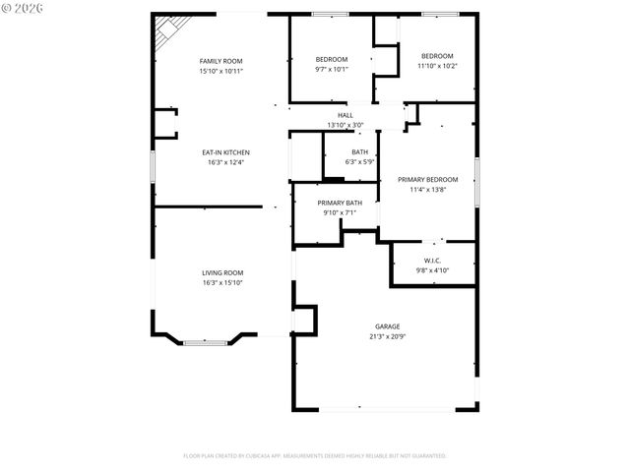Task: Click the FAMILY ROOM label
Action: coord(220,61)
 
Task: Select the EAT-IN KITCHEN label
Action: coord(225,152)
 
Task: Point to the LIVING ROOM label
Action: coord(222,272)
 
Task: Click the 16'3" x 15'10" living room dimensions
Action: coord(222,283)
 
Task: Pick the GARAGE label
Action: coord(387,325)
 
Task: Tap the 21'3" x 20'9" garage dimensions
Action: coord(387,336)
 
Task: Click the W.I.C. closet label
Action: coord(432,260)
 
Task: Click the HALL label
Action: coord(346,115)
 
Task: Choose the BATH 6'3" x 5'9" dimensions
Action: coord(359,162)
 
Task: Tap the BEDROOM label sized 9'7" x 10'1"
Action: coord(331,58)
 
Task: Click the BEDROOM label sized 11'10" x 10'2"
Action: coord(437,55)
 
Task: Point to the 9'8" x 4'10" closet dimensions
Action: coord(432,270)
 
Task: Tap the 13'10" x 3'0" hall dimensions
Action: coord(346,126)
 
